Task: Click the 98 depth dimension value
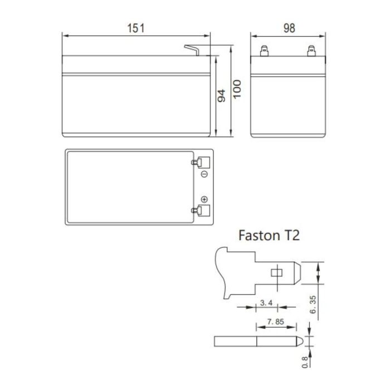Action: coord(289,28)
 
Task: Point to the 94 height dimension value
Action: coord(221,95)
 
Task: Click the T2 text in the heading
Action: coord(291,235)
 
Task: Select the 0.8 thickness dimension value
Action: coord(305,362)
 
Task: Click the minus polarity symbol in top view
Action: coord(204,174)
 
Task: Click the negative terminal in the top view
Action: coord(200,163)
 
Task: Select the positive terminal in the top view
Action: coord(200,210)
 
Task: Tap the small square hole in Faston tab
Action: coord(275,273)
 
